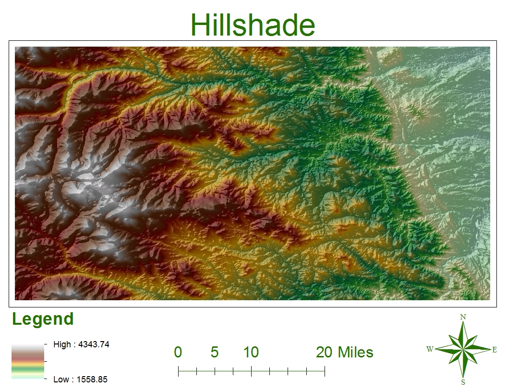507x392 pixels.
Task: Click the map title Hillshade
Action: pos(253,25)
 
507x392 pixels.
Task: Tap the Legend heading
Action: pos(43,319)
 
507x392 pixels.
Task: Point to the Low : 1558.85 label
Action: pos(80,380)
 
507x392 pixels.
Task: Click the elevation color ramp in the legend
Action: pos(28,362)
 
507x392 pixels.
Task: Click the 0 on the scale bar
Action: pos(178,353)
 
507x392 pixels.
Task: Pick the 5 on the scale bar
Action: pos(215,353)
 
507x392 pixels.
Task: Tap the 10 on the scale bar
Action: pos(251,353)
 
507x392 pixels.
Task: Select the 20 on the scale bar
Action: pos(324,353)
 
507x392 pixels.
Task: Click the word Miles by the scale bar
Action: pos(356,353)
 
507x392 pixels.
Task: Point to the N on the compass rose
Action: pos(463,317)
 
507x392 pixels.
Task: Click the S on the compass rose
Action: pos(463,382)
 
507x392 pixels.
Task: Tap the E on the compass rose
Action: pos(495,350)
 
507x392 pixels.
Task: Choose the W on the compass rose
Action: pos(430,349)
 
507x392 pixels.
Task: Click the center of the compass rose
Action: pos(463,350)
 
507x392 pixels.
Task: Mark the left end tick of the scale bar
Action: pos(178,371)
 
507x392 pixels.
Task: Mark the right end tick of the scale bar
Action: pos(325,371)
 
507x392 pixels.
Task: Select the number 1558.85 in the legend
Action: pos(90,380)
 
